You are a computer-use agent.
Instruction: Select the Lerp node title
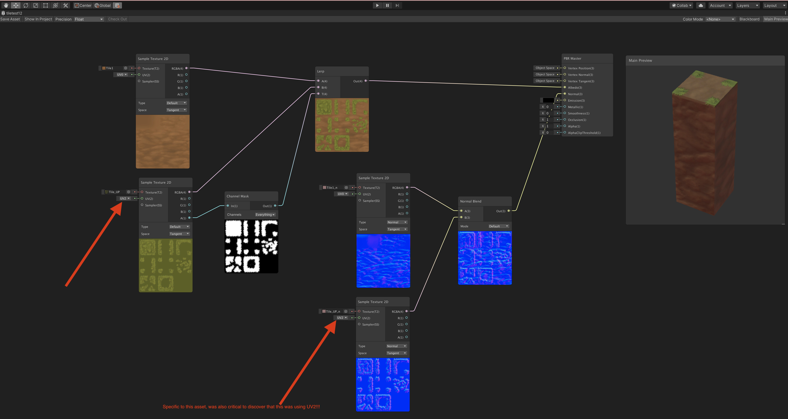(x=321, y=71)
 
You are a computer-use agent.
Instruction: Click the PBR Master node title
(x=572, y=58)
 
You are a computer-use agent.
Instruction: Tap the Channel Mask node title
(x=238, y=196)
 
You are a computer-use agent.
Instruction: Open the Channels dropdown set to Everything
(x=265, y=215)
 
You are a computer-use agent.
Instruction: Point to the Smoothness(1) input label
(x=578, y=113)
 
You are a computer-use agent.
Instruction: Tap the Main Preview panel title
(x=640, y=61)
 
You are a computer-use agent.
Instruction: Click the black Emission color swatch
(x=548, y=100)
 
